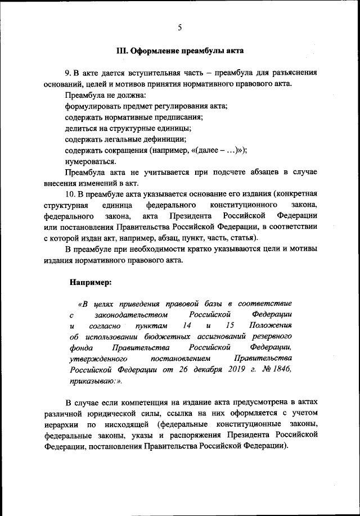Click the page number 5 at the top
(179, 27)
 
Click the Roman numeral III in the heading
(122, 51)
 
